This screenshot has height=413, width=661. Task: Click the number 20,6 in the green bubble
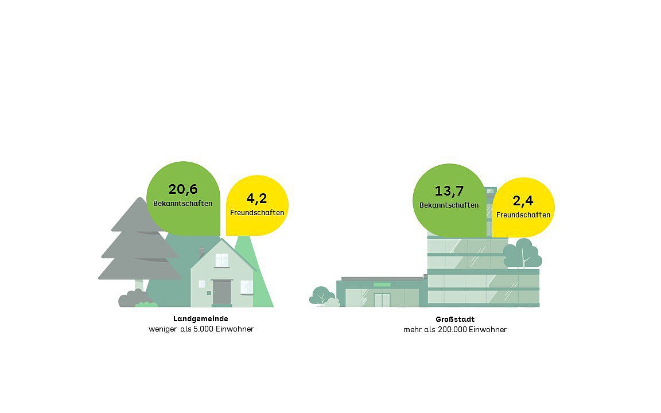[x=183, y=189]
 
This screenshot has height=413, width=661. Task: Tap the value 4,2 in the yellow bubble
[x=256, y=198]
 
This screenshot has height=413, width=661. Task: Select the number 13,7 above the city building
[x=449, y=192]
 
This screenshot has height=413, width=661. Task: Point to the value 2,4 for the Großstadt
[x=523, y=201]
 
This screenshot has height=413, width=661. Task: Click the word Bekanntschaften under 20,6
[x=183, y=204]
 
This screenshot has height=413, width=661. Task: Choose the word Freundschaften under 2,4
[x=523, y=215]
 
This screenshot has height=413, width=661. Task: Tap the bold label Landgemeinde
[x=201, y=319]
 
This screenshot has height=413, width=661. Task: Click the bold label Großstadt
[x=455, y=320]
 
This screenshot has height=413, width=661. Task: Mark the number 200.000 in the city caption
[x=452, y=330]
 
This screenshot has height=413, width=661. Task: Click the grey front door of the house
[x=221, y=293]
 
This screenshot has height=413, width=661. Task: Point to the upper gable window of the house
[x=221, y=260]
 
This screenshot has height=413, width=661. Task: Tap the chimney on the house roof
[x=201, y=252]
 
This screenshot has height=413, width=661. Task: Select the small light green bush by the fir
[x=146, y=304]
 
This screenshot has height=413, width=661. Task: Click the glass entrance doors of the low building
[x=382, y=300]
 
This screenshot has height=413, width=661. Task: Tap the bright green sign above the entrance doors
[x=382, y=285]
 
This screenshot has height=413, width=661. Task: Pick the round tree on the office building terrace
[x=523, y=254]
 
